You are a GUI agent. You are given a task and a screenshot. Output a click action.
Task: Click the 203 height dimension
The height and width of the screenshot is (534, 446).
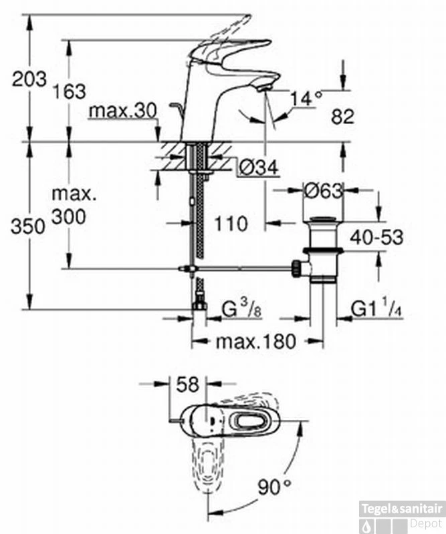coord(29,79)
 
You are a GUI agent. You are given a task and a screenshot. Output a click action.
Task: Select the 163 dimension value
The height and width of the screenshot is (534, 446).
coord(69,91)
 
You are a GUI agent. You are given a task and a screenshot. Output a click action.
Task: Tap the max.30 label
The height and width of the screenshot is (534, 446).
coord(123,111)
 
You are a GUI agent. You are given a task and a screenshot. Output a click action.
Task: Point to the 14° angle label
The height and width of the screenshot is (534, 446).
coord(306,99)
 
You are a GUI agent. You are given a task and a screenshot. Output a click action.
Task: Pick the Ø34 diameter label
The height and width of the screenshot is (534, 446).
coord(258,167)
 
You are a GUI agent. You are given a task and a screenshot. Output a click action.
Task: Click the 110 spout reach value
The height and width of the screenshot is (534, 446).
coord(231,224)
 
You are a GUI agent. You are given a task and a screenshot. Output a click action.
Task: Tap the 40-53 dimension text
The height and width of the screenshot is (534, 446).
coord(376,237)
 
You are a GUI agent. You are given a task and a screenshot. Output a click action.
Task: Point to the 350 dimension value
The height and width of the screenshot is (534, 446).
coord(27,226)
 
